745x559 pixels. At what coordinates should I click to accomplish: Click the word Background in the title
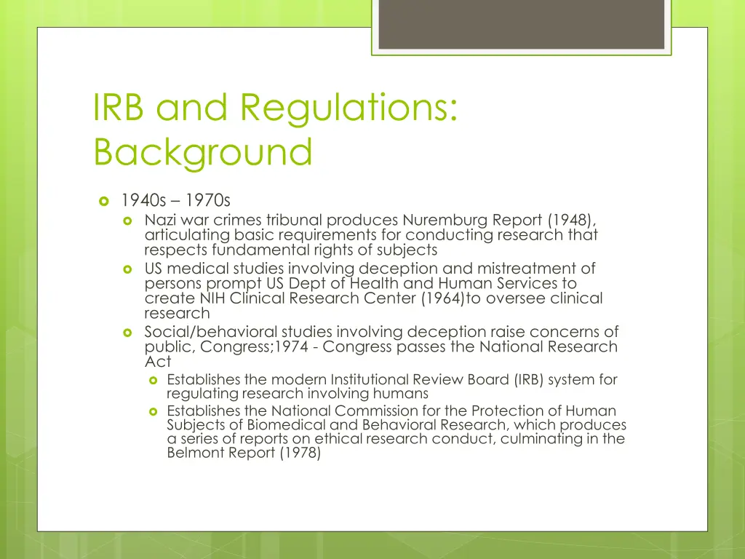(x=203, y=152)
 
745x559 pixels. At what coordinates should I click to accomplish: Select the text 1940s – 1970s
(x=175, y=200)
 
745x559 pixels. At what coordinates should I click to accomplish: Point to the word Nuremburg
(x=445, y=220)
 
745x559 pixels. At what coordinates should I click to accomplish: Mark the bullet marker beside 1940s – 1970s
(x=103, y=200)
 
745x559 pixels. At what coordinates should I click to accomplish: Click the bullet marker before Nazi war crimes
(x=128, y=220)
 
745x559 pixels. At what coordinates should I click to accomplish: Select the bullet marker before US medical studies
(x=128, y=269)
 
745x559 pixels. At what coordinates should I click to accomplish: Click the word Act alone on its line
(x=158, y=361)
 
